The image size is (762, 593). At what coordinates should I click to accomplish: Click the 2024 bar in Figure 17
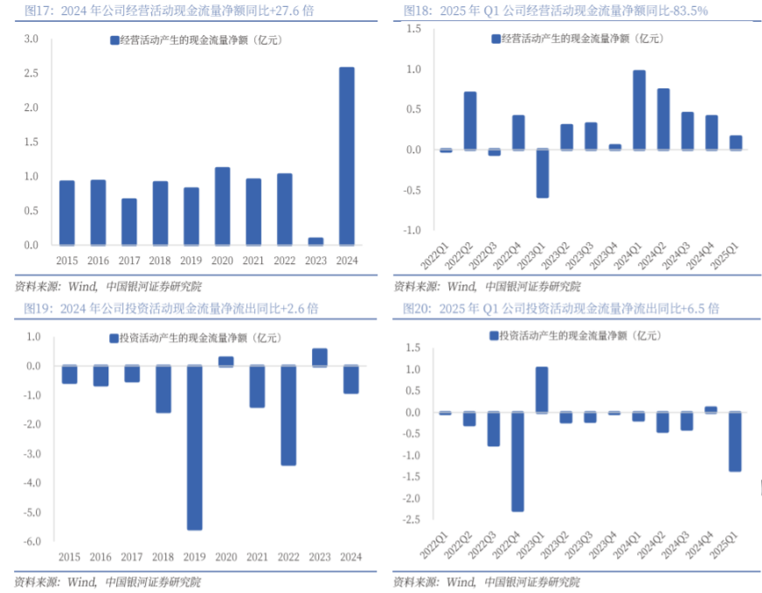[347, 156]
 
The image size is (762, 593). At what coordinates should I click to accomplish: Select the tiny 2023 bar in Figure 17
[315, 241]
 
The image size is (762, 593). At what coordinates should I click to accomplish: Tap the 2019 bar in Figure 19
[194, 447]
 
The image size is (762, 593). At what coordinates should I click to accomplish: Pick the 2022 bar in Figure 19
[288, 415]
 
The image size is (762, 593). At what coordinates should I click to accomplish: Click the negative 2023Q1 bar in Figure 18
[543, 173]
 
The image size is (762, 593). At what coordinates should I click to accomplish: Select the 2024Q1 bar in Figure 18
[639, 110]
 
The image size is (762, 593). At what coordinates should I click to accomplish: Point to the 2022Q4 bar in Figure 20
[518, 461]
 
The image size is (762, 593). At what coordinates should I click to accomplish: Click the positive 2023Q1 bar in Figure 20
[542, 389]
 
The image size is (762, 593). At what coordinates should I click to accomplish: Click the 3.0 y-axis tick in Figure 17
[31, 39]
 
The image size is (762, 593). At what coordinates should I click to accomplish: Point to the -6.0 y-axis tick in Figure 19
[31, 541]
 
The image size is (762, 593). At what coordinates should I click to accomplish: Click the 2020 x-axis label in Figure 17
[222, 260]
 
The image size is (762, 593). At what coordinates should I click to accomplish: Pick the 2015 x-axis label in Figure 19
[69, 557]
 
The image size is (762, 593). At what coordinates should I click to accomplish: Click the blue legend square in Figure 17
[114, 40]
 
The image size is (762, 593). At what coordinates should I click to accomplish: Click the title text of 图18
[555, 10]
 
